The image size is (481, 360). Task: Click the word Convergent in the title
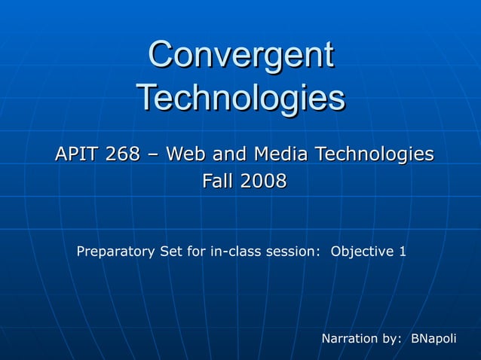point(240,56)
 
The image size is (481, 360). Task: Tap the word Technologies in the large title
point(240,97)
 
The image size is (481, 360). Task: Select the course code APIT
point(76,154)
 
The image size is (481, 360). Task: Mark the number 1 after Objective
point(402,251)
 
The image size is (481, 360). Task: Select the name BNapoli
point(434,339)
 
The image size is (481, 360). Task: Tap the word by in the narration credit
point(394,339)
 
